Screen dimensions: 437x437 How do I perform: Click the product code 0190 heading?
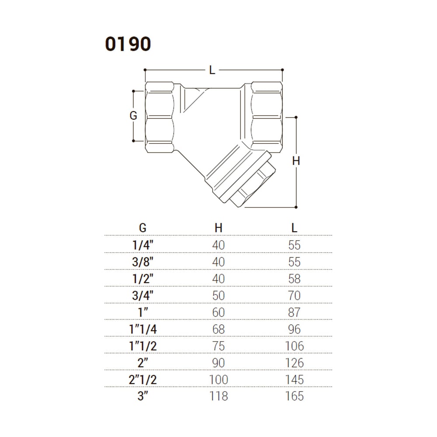tap(128, 44)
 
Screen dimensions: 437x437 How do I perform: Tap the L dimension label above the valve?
tap(212, 70)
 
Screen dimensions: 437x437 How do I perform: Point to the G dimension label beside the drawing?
tap(133, 115)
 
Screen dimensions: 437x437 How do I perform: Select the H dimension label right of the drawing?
tap(296, 161)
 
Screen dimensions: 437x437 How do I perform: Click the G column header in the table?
tap(142, 228)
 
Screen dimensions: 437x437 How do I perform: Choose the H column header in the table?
tap(218, 228)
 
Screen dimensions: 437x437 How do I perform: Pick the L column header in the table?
tap(294, 228)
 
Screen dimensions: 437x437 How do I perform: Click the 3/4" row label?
tap(143, 295)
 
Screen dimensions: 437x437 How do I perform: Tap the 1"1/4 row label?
tap(143, 329)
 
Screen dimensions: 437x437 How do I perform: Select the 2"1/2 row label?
tap(143, 380)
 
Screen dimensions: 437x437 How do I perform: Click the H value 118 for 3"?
tap(218, 396)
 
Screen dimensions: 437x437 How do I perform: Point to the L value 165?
tap(294, 396)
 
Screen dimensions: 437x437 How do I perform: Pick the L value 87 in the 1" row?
tap(294, 312)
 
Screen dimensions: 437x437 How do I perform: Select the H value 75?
tap(218, 346)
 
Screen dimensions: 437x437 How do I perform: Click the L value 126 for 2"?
tap(294, 363)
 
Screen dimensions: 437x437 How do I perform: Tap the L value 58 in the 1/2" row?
tap(294, 279)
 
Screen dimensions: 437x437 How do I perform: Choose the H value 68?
tap(218, 329)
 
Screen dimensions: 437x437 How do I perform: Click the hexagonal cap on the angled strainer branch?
tap(254, 185)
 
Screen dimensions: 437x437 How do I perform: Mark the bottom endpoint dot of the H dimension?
tap(296, 207)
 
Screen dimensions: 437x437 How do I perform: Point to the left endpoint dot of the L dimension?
tap(145, 69)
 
